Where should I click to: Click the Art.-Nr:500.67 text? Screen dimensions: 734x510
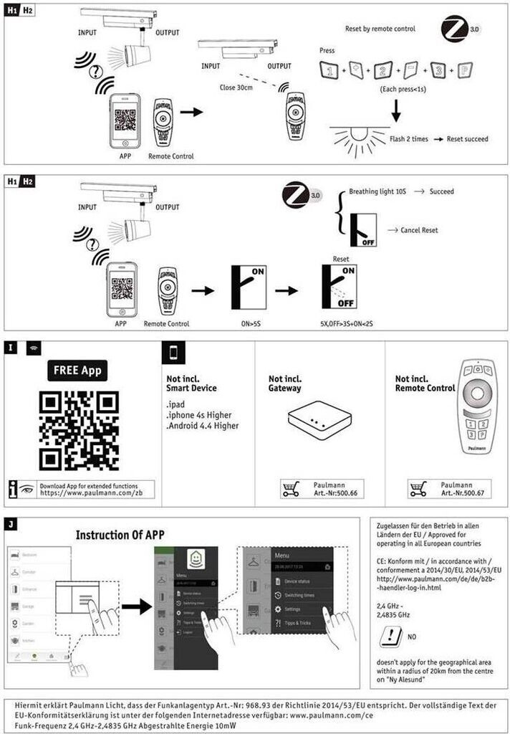point(457,494)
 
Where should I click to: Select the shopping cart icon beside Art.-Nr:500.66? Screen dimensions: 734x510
point(290,490)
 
